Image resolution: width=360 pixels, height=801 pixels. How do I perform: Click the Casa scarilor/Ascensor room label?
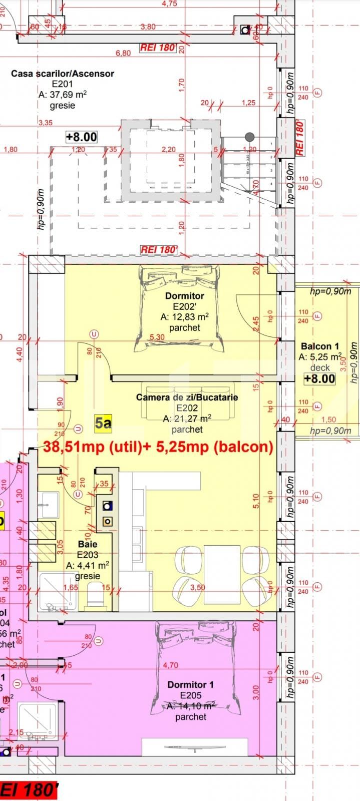[63, 74]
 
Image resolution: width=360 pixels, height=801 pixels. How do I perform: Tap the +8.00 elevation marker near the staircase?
[81, 137]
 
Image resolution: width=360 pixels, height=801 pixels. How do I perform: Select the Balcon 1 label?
[320, 346]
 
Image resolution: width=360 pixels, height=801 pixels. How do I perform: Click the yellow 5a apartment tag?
[103, 424]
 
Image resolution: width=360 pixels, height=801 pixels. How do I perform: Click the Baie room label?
[88, 544]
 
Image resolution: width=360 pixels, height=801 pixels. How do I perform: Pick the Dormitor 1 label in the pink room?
[191, 684]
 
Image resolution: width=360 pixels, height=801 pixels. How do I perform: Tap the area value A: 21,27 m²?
[186, 419]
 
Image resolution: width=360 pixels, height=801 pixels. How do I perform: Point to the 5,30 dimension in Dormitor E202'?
[157, 337]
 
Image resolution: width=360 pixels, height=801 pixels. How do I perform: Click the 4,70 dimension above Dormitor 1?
[171, 665]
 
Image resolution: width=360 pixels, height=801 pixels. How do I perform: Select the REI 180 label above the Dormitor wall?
[158, 249]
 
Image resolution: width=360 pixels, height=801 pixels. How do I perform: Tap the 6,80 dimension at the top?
[123, 53]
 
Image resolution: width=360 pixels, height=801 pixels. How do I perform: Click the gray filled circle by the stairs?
[249, 137]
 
